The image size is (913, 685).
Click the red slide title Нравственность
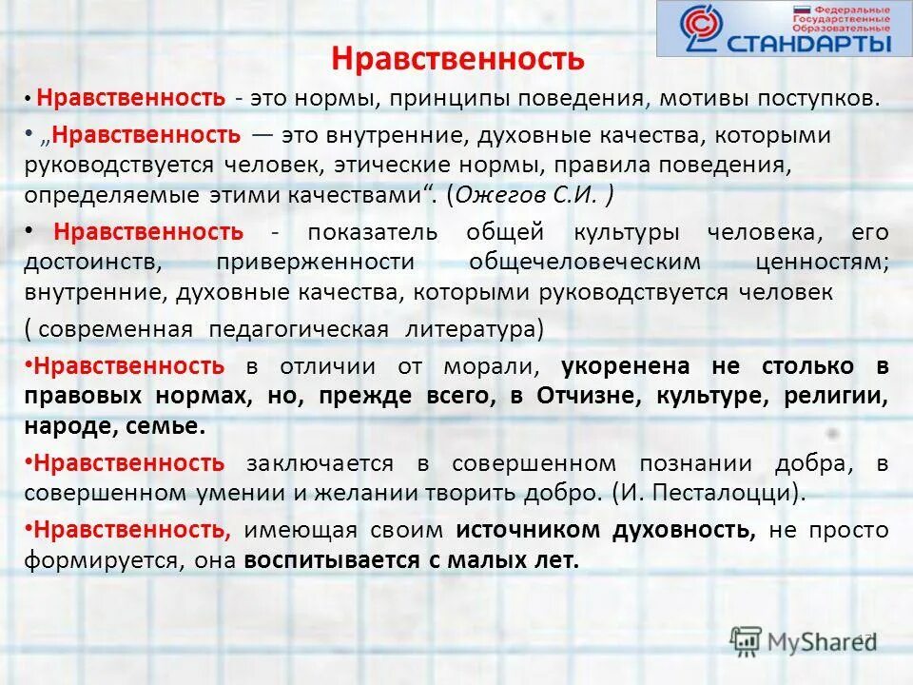pyautogui.click(x=456, y=59)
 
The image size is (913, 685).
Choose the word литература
pyautogui.click(x=473, y=329)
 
